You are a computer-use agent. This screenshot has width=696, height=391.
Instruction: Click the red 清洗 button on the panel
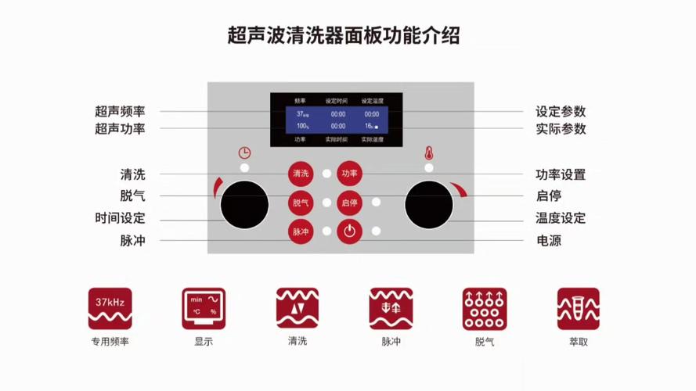click(301, 174)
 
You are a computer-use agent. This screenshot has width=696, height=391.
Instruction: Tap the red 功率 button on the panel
click(349, 174)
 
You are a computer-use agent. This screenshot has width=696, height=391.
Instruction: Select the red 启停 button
click(349, 203)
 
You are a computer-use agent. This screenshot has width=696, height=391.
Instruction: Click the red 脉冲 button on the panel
click(301, 231)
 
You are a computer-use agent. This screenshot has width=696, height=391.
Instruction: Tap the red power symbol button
click(349, 231)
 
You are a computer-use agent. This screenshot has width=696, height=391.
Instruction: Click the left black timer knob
click(244, 206)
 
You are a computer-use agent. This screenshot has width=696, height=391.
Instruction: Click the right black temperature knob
click(428, 206)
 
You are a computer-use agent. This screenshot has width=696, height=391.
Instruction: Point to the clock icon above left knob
click(245, 152)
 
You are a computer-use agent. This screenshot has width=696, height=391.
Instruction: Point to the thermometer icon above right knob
click(428, 152)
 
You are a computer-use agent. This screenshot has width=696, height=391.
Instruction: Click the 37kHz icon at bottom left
click(110, 308)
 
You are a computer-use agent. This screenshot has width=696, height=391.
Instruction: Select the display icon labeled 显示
click(204, 308)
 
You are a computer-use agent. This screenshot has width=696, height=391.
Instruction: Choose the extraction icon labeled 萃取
click(578, 308)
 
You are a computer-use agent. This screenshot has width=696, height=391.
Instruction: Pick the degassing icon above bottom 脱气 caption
click(484, 308)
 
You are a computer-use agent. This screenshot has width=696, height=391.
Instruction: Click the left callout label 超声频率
click(120, 112)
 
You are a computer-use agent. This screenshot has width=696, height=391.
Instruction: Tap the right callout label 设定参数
click(561, 112)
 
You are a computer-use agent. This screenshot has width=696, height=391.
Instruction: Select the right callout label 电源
click(548, 241)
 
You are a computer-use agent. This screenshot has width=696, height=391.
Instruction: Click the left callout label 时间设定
click(120, 219)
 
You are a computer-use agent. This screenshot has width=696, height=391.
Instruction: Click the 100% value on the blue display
click(302, 126)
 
